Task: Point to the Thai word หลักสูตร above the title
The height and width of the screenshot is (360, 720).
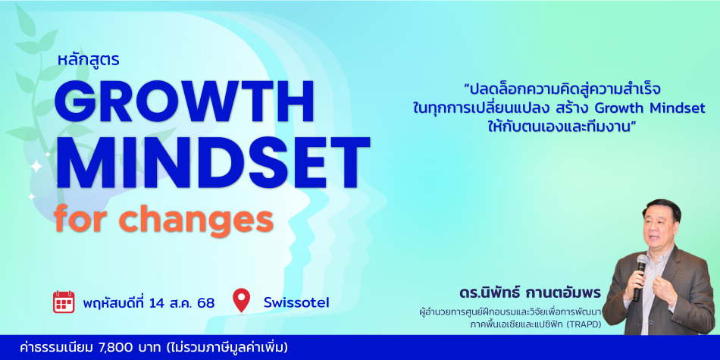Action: (x=89, y=60)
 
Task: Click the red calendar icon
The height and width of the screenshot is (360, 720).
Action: (x=64, y=302)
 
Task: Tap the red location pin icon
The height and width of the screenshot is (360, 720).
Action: (x=242, y=301)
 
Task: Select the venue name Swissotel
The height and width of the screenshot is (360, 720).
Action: (x=296, y=302)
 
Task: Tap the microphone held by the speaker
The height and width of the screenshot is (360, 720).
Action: (x=639, y=276)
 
